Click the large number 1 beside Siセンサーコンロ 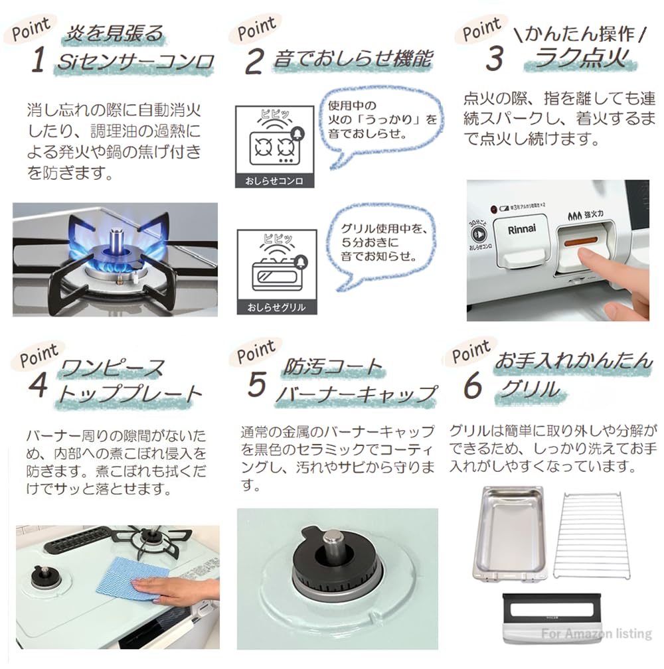tap(38, 61)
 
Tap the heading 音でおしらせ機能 tap(352, 60)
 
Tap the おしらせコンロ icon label tap(275, 181)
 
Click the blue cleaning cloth tap(125, 577)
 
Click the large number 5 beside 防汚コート tap(256, 384)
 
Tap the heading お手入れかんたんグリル tap(571, 375)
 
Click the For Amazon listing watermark tap(596, 634)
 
